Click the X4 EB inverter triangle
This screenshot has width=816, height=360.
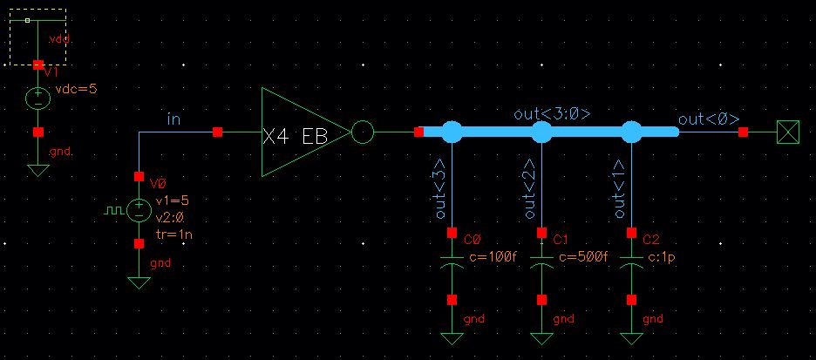(301, 132)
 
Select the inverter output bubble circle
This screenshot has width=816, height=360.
(363, 132)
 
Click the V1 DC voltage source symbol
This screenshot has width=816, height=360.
(37, 98)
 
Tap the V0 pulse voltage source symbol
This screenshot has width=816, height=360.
(138, 210)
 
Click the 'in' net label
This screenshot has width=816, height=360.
(173, 119)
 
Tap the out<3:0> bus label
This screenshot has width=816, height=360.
(552, 114)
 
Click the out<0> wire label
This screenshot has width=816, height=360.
(709, 119)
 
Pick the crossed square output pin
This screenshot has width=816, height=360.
(788, 132)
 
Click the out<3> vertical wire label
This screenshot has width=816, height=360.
(440, 188)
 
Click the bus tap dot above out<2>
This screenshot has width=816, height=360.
(542, 132)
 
